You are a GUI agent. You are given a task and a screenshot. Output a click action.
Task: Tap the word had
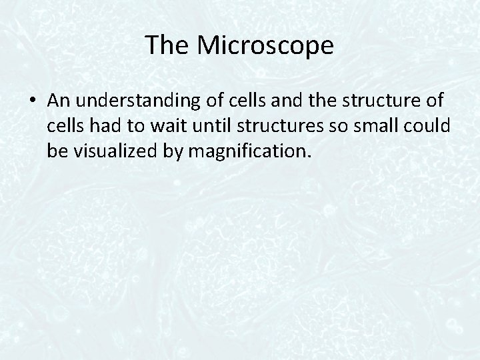tap(109, 126)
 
